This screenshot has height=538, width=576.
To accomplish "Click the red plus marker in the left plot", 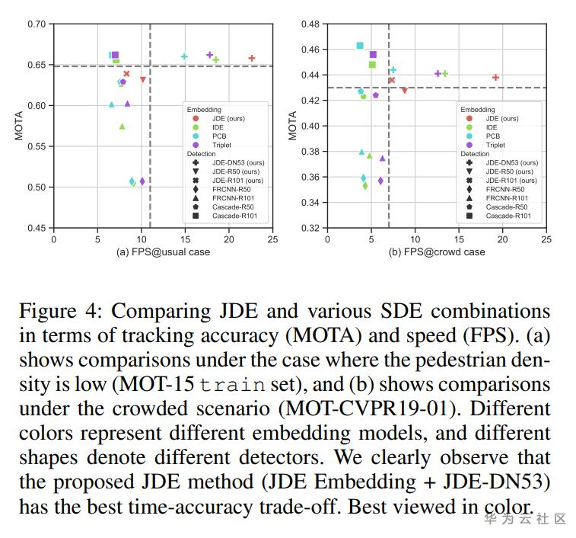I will click(x=252, y=58).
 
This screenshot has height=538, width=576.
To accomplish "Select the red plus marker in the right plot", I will click(x=495, y=77).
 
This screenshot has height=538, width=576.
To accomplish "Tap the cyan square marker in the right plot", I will click(x=360, y=46).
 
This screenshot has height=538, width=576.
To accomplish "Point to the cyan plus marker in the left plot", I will click(x=184, y=56).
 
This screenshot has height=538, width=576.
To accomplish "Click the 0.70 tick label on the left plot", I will click(x=37, y=24).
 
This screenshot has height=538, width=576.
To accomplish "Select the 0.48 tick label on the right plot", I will click(x=310, y=24).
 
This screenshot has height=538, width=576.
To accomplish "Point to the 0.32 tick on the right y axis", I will click(x=310, y=228).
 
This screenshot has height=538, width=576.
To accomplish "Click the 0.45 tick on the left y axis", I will click(x=37, y=228).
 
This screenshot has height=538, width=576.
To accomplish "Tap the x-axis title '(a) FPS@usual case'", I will click(x=162, y=252).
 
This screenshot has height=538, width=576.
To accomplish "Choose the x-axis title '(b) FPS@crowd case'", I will click(x=437, y=252).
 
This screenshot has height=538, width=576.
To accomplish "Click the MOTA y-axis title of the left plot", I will click(x=19, y=126).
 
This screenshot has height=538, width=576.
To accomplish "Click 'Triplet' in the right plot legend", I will click(x=495, y=145).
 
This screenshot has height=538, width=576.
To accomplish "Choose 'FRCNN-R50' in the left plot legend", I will click(x=230, y=189).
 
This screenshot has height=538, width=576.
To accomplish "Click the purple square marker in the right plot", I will click(x=373, y=55).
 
